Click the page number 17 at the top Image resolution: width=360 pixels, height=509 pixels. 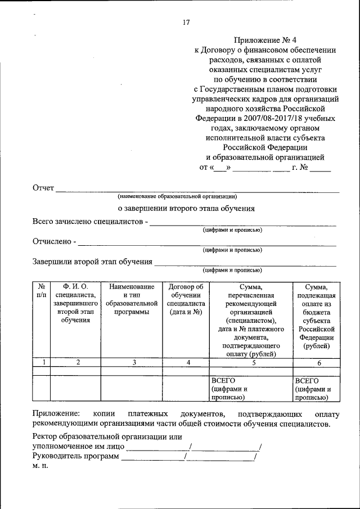(186, 22)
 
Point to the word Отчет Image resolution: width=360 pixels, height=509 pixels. (43, 188)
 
